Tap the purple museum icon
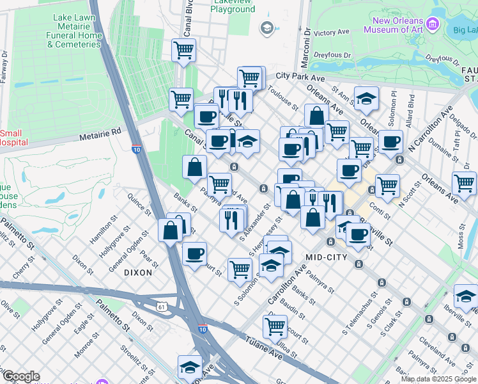point(433,24)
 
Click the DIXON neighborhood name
point(138,272)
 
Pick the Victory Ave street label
point(331,32)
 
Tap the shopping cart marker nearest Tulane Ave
point(275,326)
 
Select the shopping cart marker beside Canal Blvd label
point(184,49)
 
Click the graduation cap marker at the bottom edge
point(190,367)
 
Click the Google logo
point(20,376)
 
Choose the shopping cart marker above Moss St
point(464,183)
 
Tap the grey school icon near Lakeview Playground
point(266,27)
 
